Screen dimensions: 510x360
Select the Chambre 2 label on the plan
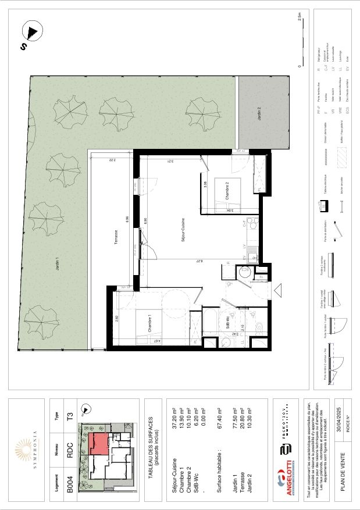pos(229,192)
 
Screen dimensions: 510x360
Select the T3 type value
pos(70,416)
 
